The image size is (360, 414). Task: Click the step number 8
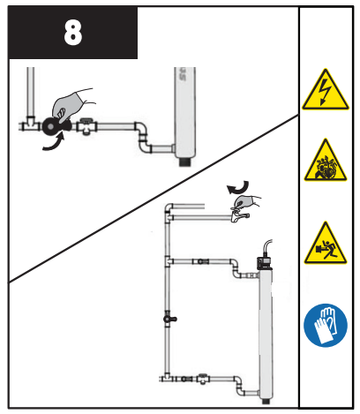point(72,34)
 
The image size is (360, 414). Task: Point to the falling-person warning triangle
point(325,245)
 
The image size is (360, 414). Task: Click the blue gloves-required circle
point(325,325)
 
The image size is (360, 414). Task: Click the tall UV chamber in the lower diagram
point(265,327)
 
